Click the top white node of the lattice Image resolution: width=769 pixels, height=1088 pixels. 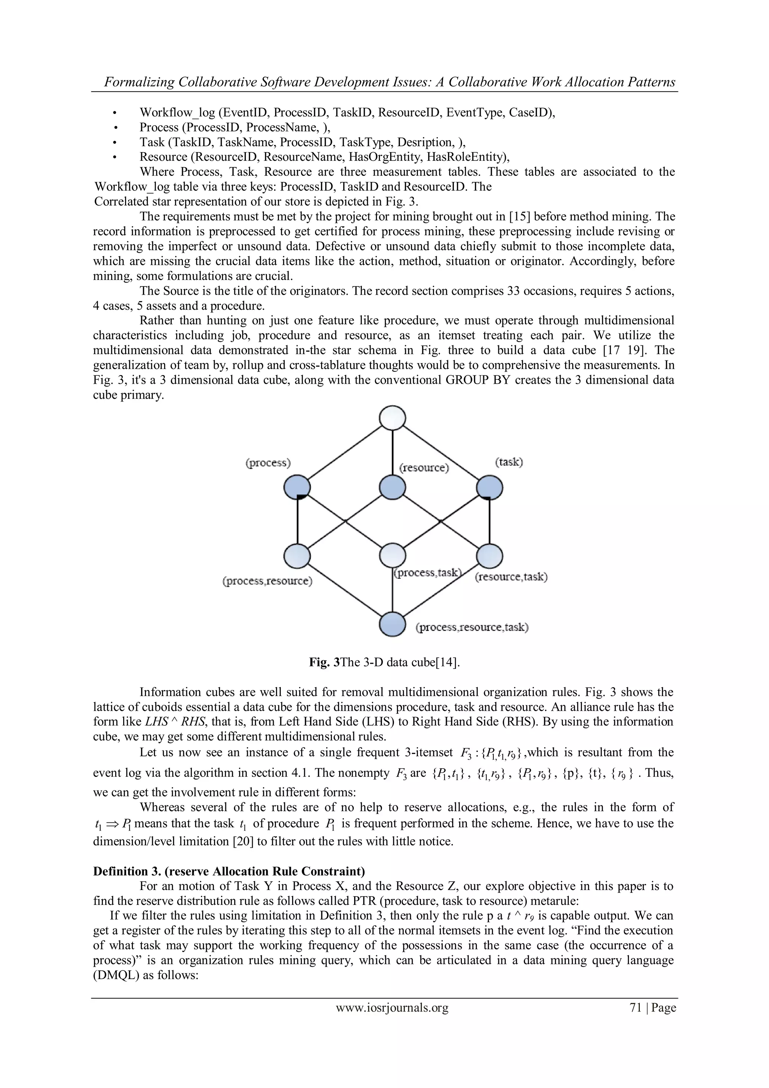(392, 418)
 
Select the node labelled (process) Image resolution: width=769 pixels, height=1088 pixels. (297, 487)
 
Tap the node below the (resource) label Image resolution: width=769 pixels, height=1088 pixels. (392, 487)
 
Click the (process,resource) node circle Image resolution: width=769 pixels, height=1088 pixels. (297, 555)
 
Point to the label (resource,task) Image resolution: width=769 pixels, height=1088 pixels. (511, 577)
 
